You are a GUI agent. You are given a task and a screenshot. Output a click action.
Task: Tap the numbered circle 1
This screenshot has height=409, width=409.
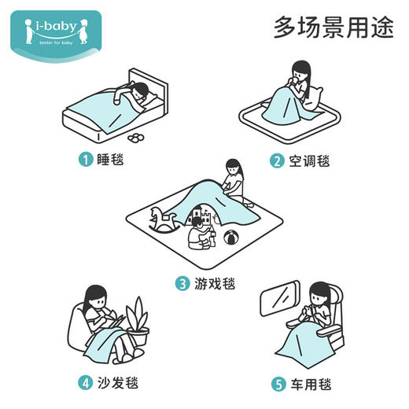point(85,161)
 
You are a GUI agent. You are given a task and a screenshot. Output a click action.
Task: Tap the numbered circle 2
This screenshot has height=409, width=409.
point(276,161)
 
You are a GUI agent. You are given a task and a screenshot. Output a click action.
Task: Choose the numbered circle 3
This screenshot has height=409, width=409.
point(182,283)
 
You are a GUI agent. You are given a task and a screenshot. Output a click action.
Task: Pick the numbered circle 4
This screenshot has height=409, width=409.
point(85,384)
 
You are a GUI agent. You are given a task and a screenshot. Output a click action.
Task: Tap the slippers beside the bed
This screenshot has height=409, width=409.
point(137,138)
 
